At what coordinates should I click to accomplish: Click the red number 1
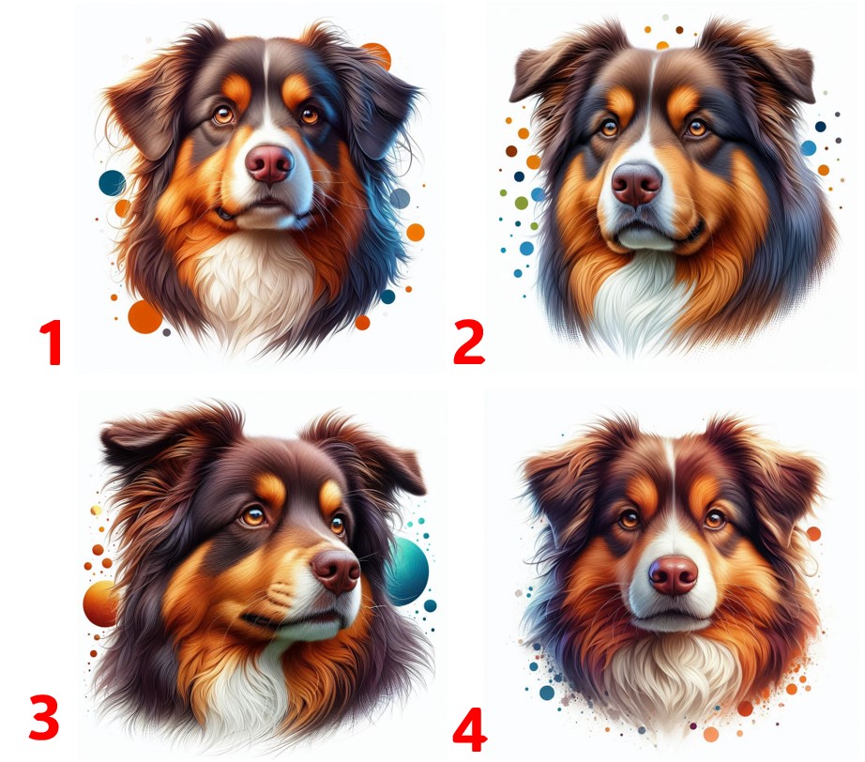coord(52,343)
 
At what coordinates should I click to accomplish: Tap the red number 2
coord(469,343)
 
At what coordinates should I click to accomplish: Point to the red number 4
coord(469,729)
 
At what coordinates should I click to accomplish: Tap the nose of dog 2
coord(637,184)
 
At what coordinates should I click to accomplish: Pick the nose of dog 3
coord(336,571)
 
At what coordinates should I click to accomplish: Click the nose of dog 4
coord(673,575)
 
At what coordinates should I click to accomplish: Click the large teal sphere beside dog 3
coord(408,571)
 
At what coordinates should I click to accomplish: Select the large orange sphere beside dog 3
coord(99,603)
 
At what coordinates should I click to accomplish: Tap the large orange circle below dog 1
coord(145,317)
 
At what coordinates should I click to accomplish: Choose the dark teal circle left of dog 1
coord(112,183)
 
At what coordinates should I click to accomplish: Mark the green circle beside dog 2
coord(522,203)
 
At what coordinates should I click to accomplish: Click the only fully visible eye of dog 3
coord(254,517)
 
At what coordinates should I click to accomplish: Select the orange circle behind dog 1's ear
coord(377,55)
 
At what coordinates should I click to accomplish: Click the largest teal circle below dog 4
coord(547,693)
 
